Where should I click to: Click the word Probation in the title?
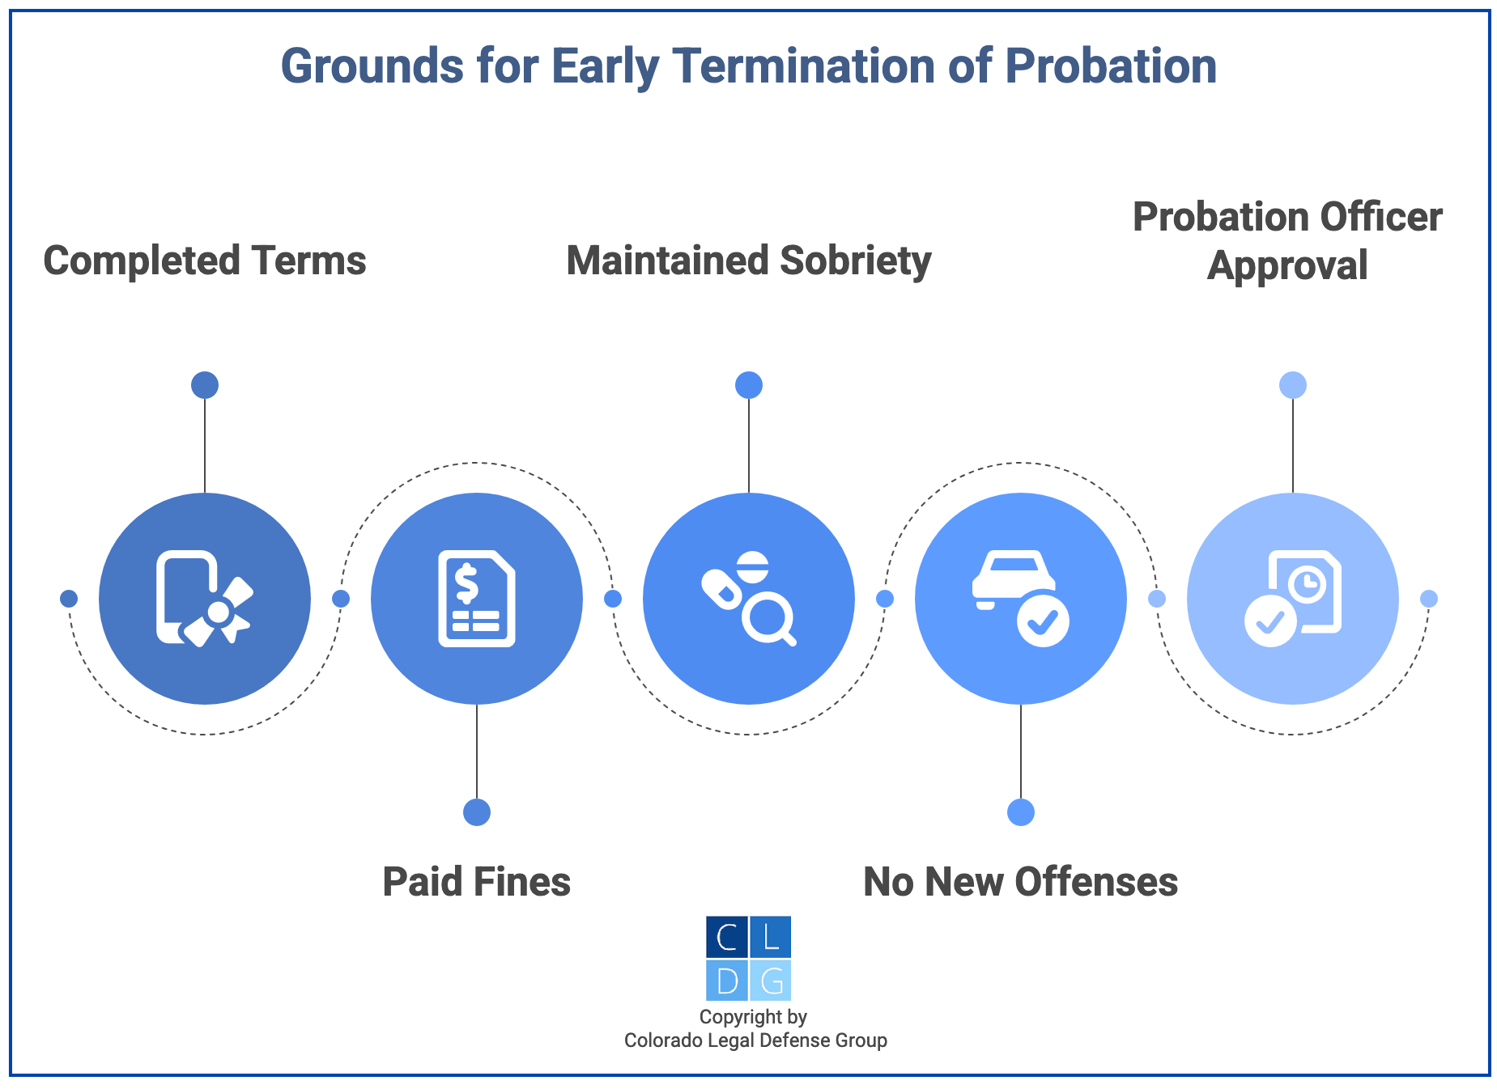(1111, 66)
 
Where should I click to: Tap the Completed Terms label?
(204, 261)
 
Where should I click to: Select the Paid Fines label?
(476, 882)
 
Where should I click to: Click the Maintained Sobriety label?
(748, 261)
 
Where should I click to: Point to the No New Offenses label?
(1020, 882)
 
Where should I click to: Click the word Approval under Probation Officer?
(1287, 265)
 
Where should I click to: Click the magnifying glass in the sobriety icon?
(766, 619)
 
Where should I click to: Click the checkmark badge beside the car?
(1043, 621)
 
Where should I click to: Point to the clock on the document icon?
(1307, 583)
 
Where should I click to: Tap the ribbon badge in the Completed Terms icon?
(219, 613)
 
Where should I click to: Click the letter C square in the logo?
(726, 937)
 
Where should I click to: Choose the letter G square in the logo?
(771, 981)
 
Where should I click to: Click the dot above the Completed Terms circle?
(205, 385)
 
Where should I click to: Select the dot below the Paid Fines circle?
(477, 812)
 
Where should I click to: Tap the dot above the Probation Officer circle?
(1293, 385)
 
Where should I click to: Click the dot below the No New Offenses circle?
(1021, 812)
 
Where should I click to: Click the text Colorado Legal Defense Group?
(755, 1040)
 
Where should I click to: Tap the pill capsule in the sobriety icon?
(721, 588)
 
